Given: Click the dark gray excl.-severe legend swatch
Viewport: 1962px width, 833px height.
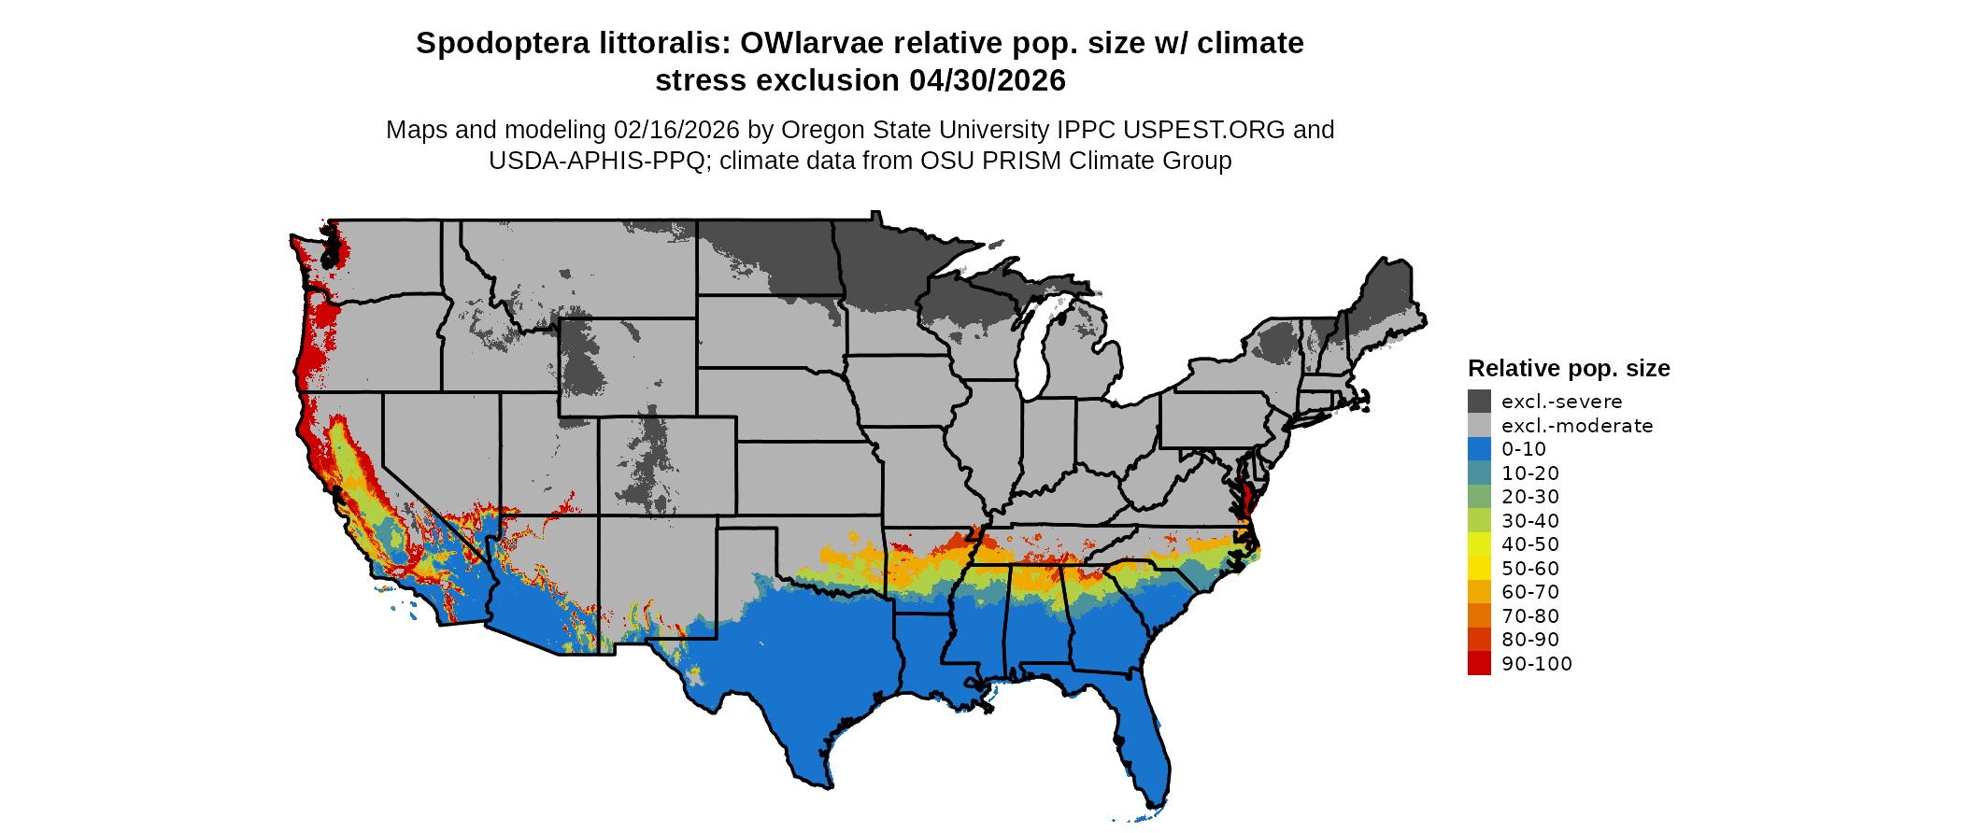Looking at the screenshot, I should pyautogui.click(x=1479, y=402).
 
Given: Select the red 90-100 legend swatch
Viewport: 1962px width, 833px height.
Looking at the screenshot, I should pyautogui.click(x=1479, y=663).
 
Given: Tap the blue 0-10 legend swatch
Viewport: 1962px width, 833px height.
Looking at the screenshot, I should pyautogui.click(x=1479, y=449).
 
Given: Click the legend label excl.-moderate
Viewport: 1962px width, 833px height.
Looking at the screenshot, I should pyautogui.click(x=1576, y=426).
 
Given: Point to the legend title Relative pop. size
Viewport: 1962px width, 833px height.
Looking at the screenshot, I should pyautogui.click(x=1568, y=368).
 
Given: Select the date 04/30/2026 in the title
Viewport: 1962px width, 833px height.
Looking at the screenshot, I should pyautogui.click(x=987, y=80).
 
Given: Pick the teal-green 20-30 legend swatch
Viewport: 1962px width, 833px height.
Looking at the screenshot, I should pyautogui.click(x=1479, y=497).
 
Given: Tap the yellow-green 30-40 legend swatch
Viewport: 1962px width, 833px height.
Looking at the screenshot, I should pyautogui.click(x=1479, y=520).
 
